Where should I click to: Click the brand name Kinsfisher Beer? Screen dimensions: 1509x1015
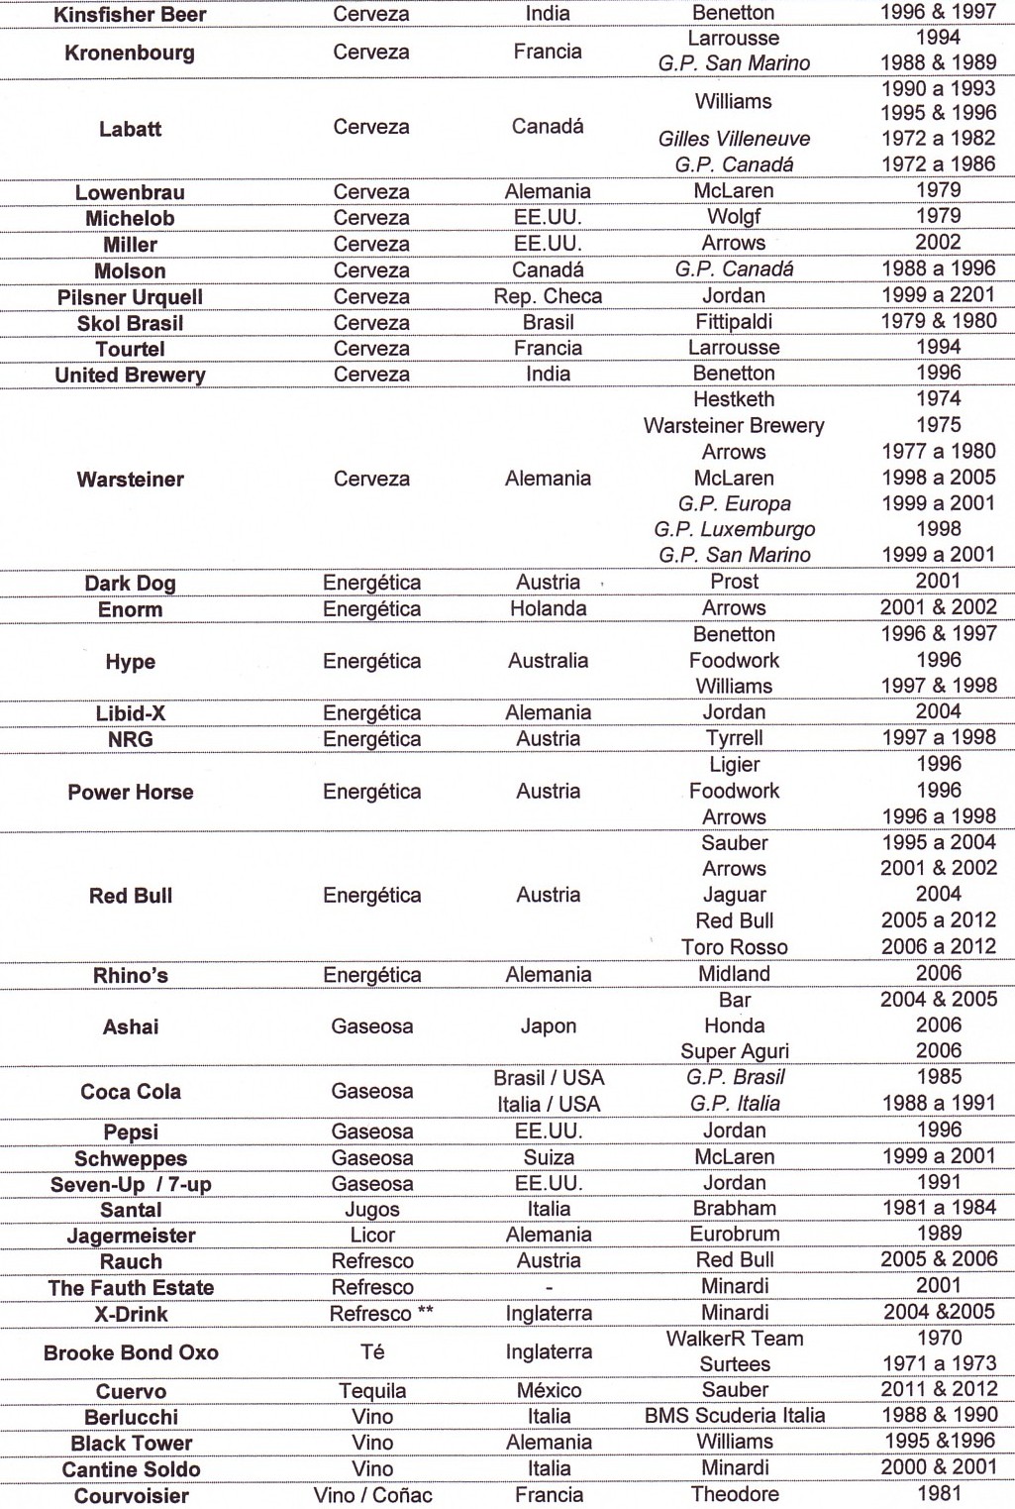coord(130,15)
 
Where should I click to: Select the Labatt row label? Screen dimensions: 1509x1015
coord(130,129)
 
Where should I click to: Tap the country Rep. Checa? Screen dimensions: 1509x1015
coord(548,296)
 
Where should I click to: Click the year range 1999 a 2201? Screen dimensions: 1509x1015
coord(938,295)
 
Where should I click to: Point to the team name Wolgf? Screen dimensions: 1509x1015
coord(734,217)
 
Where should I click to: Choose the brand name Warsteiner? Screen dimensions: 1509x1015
coord(130,480)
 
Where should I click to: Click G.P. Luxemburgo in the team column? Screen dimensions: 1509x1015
coord(734,529)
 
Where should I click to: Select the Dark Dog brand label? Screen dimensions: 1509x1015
coord(130,583)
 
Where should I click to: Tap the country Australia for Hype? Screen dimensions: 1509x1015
coord(548,661)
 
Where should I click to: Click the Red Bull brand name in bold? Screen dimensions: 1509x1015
coord(130,896)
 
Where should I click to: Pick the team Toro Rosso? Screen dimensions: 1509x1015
coord(734,947)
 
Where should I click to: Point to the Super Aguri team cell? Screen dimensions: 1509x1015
coord(734,1051)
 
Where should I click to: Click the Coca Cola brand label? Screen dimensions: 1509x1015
coord(130,1092)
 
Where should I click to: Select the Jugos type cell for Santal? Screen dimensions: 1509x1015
coord(371,1210)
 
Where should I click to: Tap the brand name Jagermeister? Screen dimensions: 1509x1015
coord(130,1236)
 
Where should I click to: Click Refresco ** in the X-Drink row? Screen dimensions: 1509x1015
coord(381,1314)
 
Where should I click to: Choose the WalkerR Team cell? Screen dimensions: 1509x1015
coord(734,1339)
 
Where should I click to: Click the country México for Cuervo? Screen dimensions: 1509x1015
coord(548,1391)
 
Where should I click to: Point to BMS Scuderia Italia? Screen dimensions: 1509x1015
coord(734,1416)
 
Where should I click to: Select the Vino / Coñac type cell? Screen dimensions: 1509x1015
coord(372,1495)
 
